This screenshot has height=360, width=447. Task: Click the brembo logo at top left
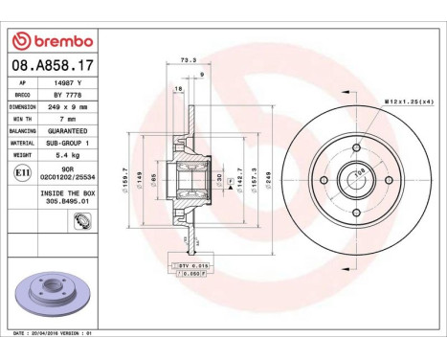click(x=52, y=41)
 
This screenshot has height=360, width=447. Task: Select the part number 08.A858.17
click(x=52, y=65)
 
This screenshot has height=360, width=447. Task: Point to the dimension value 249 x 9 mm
click(x=62, y=106)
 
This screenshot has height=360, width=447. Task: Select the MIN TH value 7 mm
click(x=62, y=118)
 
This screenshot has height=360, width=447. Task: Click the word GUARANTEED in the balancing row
click(x=62, y=129)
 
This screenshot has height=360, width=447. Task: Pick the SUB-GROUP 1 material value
click(x=62, y=141)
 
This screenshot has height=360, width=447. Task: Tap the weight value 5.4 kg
click(x=62, y=152)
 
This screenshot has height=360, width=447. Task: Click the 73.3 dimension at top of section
click(x=188, y=60)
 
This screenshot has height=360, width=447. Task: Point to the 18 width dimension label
click(x=178, y=89)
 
